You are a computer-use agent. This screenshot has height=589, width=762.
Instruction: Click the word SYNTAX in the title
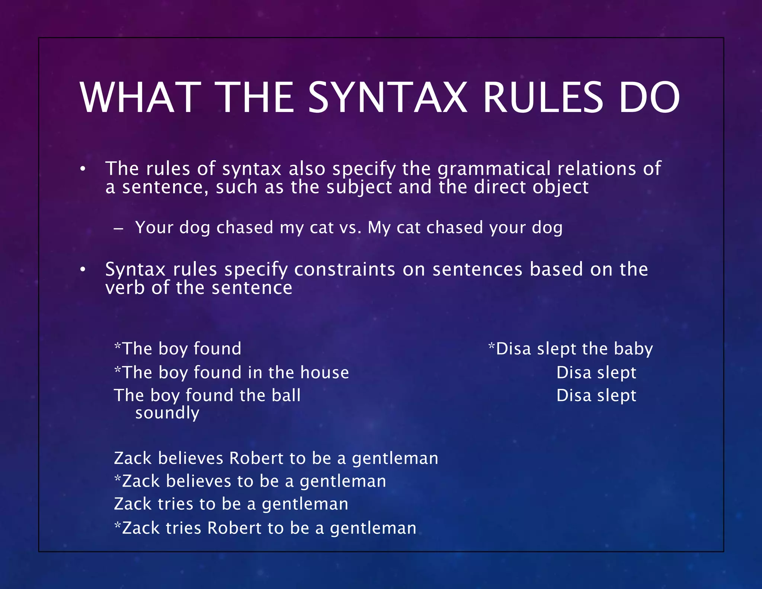[387, 98]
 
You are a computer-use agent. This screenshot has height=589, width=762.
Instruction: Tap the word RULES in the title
[542, 98]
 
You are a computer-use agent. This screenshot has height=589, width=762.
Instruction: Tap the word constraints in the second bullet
[345, 269]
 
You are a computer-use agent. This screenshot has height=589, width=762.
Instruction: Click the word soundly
[167, 413]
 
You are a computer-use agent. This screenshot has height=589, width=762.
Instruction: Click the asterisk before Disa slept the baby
[492, 347]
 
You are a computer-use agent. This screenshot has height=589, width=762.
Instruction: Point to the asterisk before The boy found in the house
[118, 370]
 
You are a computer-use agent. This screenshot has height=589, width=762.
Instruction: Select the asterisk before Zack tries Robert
[118, 526]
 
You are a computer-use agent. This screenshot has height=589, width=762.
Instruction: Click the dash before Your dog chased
[118, 229]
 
